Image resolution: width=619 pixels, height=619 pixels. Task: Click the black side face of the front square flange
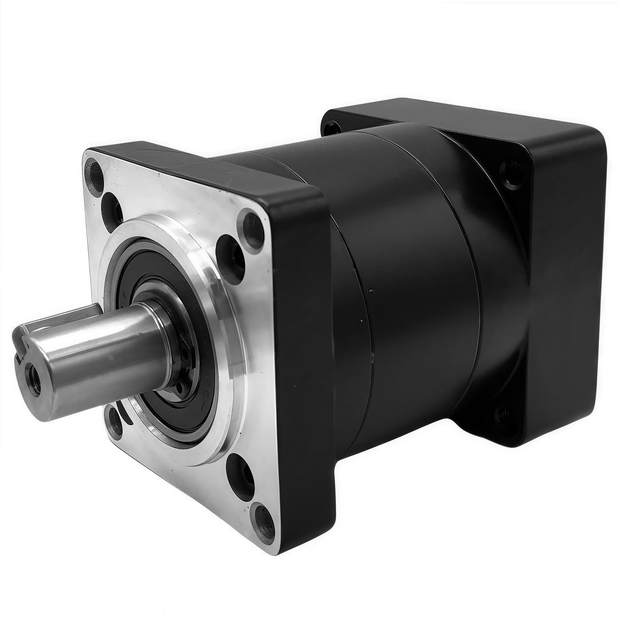(x=300, y=348)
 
